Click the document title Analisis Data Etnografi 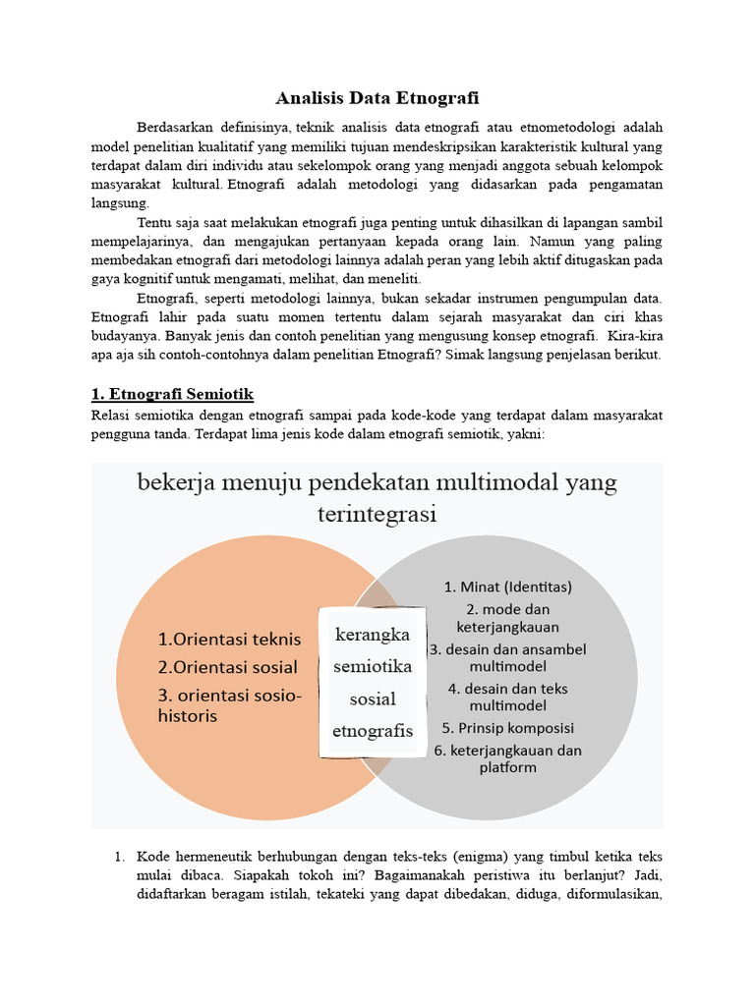coord(377,97)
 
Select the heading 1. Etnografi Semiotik coord(172,394)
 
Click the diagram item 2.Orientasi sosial coord(227,667)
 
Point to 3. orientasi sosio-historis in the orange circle coord(230,705)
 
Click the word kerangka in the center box coord(372,635)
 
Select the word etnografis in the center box coord(373,731)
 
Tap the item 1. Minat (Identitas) coord(507,587)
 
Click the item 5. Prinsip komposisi coord(507,728)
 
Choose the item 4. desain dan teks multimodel coord(507,697)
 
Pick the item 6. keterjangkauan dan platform coord(507,758)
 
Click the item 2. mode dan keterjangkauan coord(507,617)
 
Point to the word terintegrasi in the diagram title coord(377,514)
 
